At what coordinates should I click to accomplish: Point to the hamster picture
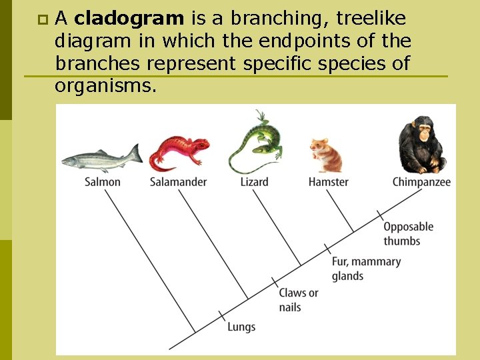coord(326,155)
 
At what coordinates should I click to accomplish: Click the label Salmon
coord(103,182)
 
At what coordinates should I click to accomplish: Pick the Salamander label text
coord(178,182)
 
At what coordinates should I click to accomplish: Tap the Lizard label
coord(255,182)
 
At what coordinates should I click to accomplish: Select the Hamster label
coord(328,182)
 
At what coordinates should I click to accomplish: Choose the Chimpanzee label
coord(421,182)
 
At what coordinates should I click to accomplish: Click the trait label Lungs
coord(241,327)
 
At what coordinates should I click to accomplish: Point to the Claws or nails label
coord(298,300)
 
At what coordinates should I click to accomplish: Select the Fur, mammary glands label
coord(366,269)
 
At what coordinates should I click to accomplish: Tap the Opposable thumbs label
coord(408,233)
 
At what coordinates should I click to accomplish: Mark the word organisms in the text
coord(106,85)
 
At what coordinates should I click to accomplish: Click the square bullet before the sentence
coord(42,17)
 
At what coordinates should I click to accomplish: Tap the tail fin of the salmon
coord(135,154)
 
